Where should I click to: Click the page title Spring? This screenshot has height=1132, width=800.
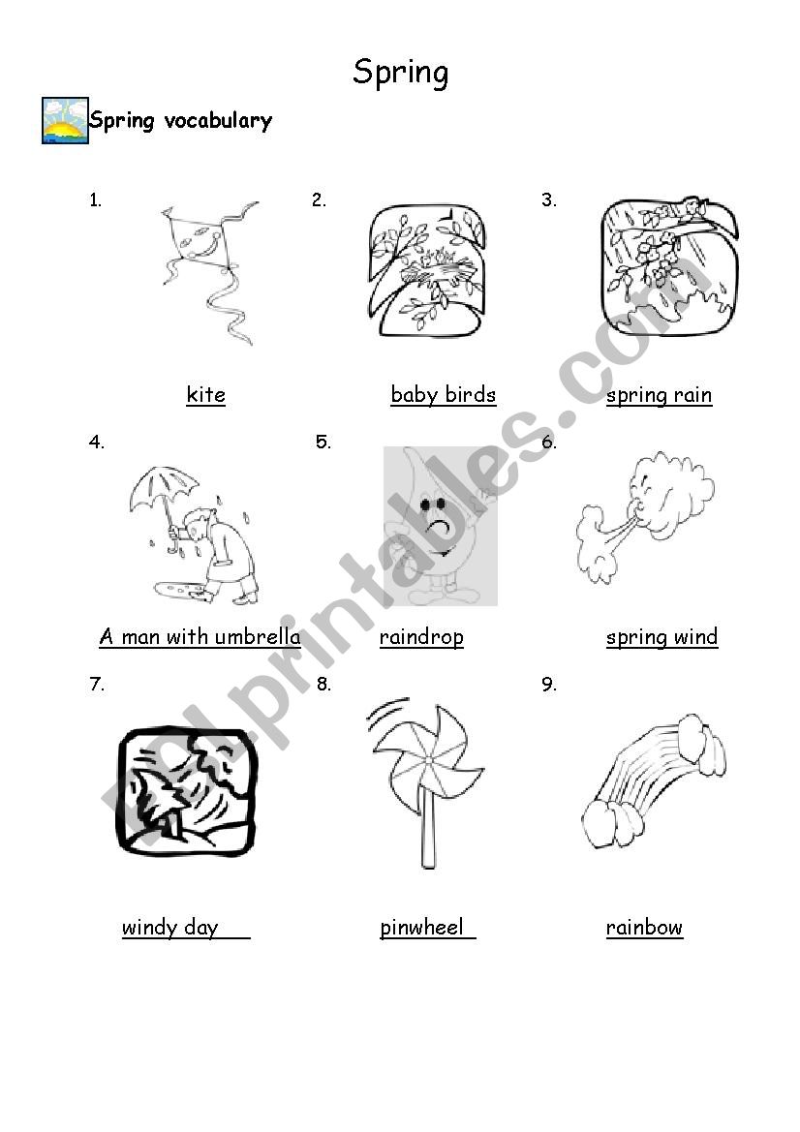point(401,73)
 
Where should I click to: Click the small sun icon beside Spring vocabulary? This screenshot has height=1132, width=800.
point(65,121)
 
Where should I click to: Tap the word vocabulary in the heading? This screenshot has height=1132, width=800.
point(218,121)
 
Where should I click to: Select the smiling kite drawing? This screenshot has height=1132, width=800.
point(209,272)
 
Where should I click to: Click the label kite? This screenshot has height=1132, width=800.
point(205,394)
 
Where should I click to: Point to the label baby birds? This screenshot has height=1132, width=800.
point(444,394)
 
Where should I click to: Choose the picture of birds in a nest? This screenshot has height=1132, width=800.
point(426,271)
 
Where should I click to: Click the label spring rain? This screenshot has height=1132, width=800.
point(660,396)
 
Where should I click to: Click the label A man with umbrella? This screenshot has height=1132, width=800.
point(200,637)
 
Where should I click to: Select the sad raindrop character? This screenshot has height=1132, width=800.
point(440,526)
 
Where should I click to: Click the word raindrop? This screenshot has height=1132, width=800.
point(421,637)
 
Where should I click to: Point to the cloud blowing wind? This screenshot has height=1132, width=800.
point(645,516)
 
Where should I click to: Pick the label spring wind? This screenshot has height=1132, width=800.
point(662,637)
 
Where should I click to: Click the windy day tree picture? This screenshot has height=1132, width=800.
point(187,791)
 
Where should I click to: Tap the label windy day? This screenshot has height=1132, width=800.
point(170,927)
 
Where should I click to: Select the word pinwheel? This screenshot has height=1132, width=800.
point(421,927)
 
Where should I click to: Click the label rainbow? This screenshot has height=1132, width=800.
point(645,927)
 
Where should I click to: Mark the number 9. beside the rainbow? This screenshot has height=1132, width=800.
point(549,684)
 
